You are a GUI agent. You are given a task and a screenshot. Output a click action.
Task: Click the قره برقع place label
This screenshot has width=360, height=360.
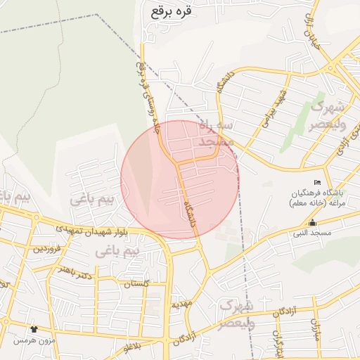pyautogui.click(x=171, y=11)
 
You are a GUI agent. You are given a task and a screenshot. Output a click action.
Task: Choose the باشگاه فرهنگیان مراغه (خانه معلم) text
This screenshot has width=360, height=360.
pyautogui.click(x=315, y=197)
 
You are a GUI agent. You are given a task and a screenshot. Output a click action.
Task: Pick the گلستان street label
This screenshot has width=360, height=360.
pyautogui.click(x=137, y=284)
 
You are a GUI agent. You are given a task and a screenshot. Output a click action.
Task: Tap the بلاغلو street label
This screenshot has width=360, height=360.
pyautogui.click(x=132, y=347)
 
